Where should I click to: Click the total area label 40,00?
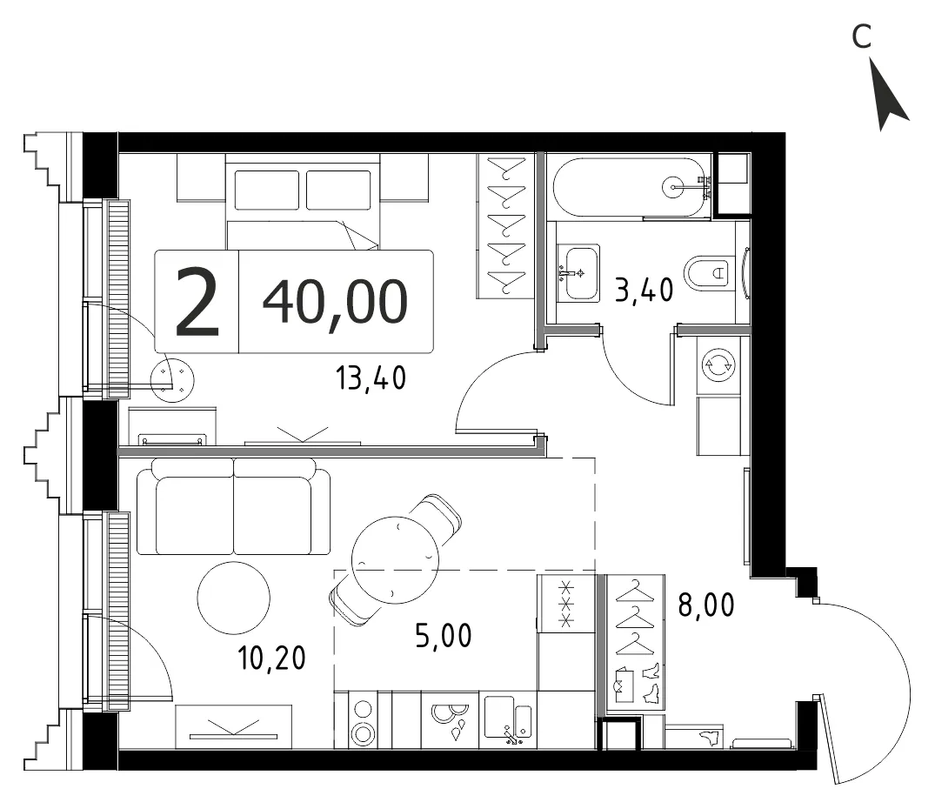[335, 302]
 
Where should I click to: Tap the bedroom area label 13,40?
[371, 378]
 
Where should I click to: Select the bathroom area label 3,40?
[644, 290]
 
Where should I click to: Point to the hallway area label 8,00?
[706, 605]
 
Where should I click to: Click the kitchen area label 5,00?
[443, 636]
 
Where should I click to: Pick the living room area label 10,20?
[271, 658]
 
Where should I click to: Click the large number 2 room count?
[197, 302]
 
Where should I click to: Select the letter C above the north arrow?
[862, 37]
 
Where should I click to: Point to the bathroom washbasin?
[578, 272]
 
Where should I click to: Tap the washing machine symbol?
[718, 364]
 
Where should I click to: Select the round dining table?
[395, 560]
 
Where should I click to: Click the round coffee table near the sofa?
[234, 598]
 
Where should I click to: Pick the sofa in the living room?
[233, 507]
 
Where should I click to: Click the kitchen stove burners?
[363, 721]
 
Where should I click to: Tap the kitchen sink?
[508, 720]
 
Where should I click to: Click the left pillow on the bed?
[267, 191]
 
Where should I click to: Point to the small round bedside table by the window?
[172, 380]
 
